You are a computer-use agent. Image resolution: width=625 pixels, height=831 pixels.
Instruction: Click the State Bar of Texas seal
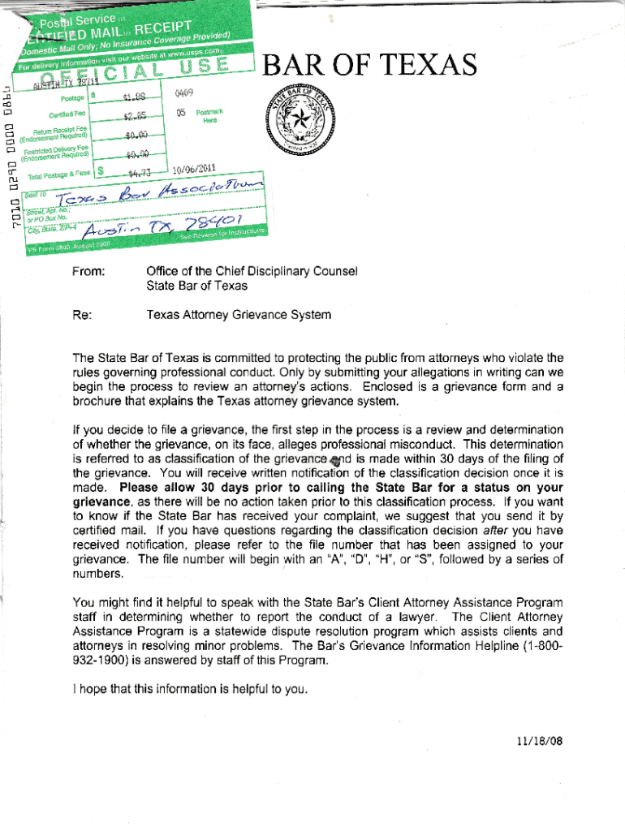click(300, 121)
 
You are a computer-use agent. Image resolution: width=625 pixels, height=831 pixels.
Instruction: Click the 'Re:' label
click(81, 314)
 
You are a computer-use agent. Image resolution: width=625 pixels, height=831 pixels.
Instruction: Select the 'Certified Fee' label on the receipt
click(67, 114)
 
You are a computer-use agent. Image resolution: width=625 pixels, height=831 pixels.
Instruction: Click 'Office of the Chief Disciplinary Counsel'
click(251, 271)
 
